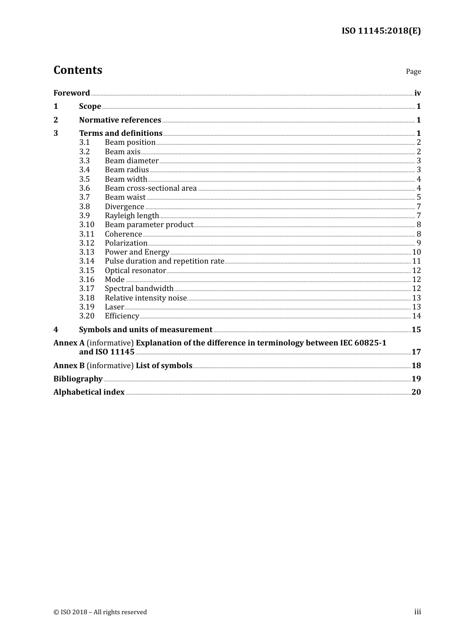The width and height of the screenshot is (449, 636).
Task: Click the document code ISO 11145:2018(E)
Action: point(381,31)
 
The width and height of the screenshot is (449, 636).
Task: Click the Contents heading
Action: point(78,70)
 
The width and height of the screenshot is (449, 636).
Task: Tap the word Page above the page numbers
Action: point(413,71)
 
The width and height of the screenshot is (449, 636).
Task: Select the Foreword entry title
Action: point(71,93)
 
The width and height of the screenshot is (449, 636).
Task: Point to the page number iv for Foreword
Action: point(417,93)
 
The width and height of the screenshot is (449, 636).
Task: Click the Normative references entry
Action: point(120,120)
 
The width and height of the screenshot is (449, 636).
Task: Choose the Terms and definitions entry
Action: point(121,133)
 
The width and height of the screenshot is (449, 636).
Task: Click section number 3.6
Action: point(85,188)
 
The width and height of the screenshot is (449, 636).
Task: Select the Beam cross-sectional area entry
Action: point(150,188)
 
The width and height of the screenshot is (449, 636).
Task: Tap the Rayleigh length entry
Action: point(131,216)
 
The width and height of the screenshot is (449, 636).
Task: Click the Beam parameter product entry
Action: point(149,225)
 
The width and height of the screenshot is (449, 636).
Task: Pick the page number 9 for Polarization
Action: point(418,243)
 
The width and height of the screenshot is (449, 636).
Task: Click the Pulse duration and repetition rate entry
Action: point(164,261)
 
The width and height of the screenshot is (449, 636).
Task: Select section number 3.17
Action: point(86,289)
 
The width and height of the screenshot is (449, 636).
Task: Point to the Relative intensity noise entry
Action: point(146,298)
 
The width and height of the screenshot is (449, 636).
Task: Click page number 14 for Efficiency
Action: point(416,316)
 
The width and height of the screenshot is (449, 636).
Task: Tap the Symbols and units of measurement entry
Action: point(146,330)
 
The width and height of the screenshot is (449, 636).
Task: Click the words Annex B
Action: point(69,366)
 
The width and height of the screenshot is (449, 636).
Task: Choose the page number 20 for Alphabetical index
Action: point(416,392)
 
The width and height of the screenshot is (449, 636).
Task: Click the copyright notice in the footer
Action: point(100,612)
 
